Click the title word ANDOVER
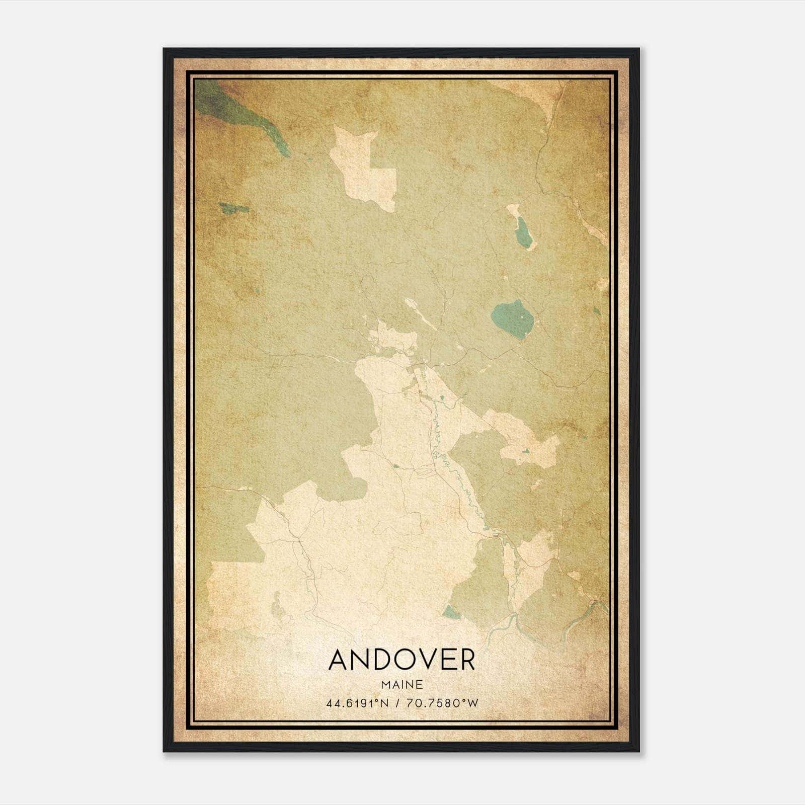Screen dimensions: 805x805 (401, 660)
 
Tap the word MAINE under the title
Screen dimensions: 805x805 (401, 685)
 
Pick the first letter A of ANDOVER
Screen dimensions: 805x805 (340, 660)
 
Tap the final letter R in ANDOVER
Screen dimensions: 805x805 (466, 660)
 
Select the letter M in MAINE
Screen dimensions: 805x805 (386, 685)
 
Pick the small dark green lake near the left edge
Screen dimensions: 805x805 (233, 207)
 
